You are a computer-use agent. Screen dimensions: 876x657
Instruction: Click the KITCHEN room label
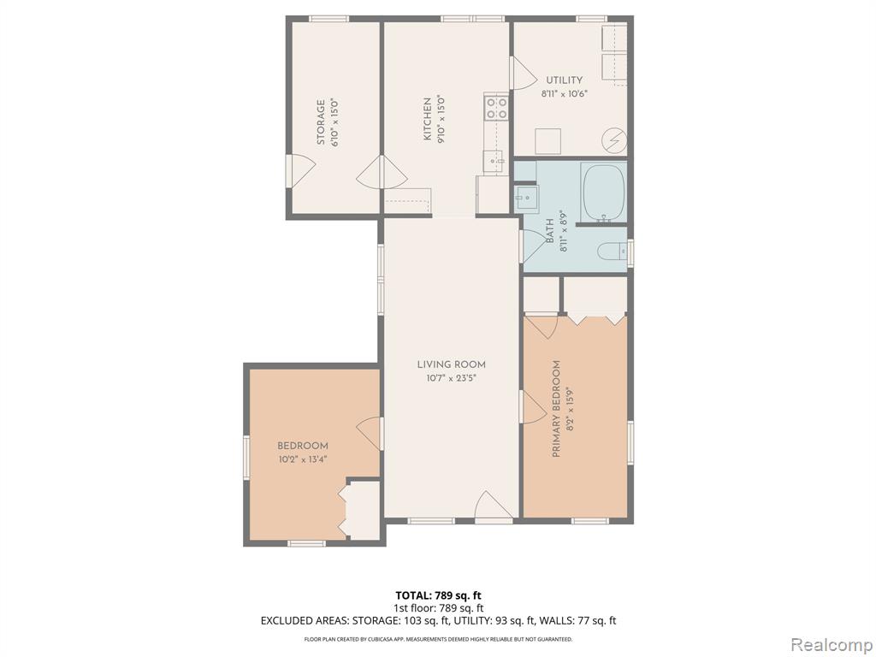click(427, 119)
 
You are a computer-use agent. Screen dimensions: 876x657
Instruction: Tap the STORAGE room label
click(321, 122)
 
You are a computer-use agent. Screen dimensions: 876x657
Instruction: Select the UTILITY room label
click(565, 80)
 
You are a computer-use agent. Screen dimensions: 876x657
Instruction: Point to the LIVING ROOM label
click(452, 364)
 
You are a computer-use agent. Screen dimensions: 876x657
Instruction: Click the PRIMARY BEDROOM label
click(556, 409)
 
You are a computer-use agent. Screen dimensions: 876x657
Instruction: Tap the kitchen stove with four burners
click(496, 108)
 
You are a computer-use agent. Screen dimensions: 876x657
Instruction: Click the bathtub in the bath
click(603, 192)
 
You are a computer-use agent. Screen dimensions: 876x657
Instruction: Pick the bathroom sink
click(526, 198)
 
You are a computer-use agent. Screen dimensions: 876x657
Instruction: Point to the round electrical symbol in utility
click(614, 140)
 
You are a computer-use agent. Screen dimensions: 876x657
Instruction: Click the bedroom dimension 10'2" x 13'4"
click(302, 459)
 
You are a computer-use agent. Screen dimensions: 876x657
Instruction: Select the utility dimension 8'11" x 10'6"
click(565, 94)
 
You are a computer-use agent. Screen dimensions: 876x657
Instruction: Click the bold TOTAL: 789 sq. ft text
click(438, 595)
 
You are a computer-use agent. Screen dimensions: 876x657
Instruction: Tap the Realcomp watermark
click(832, 644)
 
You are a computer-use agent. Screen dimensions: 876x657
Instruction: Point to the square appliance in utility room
click(548, 141)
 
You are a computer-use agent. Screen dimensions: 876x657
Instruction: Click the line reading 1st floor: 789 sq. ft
click(438, 608)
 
